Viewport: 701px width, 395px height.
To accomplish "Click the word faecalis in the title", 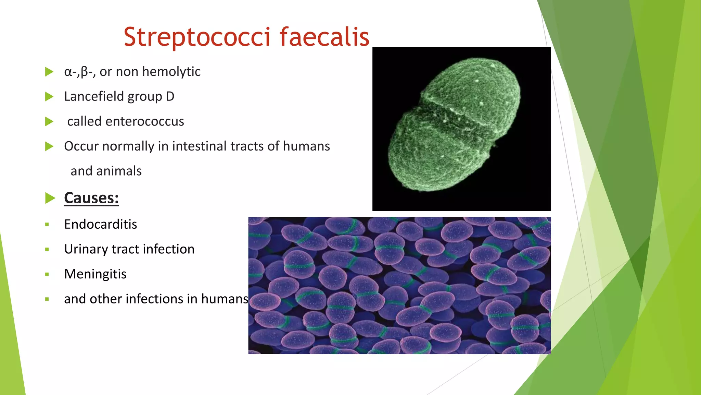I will coord(324,37).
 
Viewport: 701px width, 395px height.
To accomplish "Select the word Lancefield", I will coord(94,96).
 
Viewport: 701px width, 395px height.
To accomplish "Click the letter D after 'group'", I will coord(170,96).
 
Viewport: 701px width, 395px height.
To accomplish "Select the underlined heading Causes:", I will coord(91,198).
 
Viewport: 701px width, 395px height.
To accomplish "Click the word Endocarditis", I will coord(100,224).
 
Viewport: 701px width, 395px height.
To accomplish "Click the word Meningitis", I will coord(95,274).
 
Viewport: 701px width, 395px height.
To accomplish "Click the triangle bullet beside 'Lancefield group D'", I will coord(49,97).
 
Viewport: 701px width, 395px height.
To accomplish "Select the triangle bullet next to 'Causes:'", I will coord(50,198).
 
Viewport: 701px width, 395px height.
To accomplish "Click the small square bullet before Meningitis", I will coord(47,274).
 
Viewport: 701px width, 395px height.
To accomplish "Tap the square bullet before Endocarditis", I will coord(47,225).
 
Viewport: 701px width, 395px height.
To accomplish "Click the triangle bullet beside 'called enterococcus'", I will coord(49,121).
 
